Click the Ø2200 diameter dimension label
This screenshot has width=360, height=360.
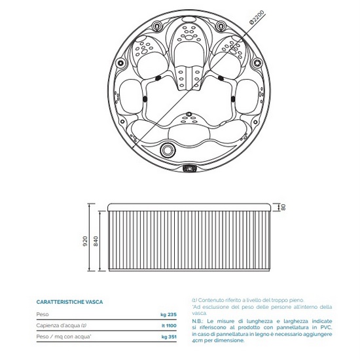tap(257, 17)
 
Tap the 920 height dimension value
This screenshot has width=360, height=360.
tap(85, 241)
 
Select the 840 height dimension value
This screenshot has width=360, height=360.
tap(96, 241)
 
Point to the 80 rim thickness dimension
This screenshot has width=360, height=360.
tap(283, 207)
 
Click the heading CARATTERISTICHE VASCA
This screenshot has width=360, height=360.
tap(69, 302)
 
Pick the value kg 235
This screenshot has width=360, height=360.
tap(169, 314)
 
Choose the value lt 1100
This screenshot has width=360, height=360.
tap(169, 325)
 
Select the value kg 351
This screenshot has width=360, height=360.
tap(169, 337)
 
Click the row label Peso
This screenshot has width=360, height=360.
tap(43, 314)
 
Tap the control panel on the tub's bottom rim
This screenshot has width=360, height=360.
tap(189, 168)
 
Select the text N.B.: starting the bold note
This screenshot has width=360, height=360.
tap(198, 321)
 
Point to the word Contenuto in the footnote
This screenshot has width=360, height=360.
tap(209, 300)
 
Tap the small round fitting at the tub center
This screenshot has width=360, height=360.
tap(189, 114)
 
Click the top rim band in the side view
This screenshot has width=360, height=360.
tap(189, 207)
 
